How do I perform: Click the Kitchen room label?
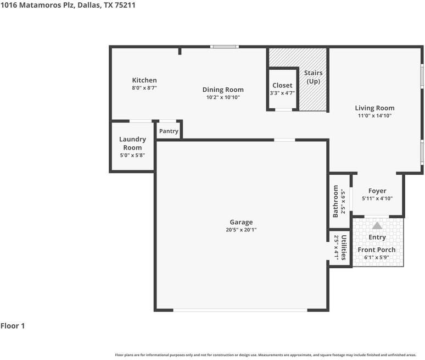point(144,80)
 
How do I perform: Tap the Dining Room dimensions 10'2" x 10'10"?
point(223,97)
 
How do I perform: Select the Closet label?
point(282,85)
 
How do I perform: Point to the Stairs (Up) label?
point(314,77)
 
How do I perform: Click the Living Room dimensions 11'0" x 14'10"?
point(374,115)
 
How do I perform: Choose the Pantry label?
point(169,131)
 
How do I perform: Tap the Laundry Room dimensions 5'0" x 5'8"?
point(132,155)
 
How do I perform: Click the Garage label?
point(241,222)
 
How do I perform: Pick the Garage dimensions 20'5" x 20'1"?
point(241,230)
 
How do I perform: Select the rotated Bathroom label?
point(335,201)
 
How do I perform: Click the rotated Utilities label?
point(343,248)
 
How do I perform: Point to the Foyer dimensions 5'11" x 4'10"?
point(377,198)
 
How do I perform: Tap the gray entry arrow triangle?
point(377,226)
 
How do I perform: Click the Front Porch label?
point(377,250)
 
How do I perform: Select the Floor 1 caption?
point(13,326)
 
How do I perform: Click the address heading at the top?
point(68,5)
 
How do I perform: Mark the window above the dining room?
point(225,47)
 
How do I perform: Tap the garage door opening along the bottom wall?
point(240,310)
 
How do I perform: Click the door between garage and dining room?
point(284,140)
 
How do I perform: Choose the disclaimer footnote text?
point(266,355)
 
